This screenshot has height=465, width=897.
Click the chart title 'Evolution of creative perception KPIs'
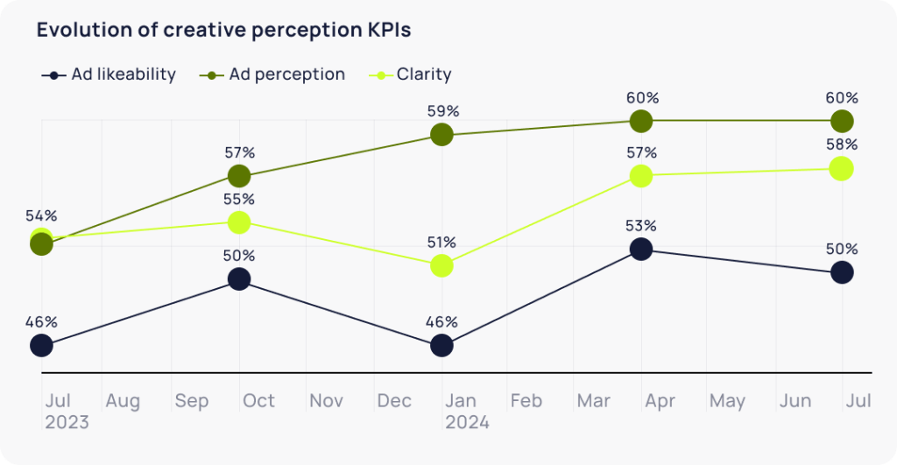(223, 30)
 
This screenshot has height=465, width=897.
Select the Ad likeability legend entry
(109, 74)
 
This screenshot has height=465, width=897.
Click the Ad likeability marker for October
(238, 279)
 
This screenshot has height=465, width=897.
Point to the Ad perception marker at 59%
(442, 135)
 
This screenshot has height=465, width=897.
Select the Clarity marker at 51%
(442, 265)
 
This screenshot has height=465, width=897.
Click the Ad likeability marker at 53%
(641, 250)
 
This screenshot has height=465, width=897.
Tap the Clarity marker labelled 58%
(841, 168)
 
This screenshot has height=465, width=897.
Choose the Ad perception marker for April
(641, 121)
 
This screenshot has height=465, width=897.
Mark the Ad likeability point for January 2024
(442, 346)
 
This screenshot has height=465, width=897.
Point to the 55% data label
(238, 200)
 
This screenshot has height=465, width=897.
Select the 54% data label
(41, 215)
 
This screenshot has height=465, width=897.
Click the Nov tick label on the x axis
(326, 401)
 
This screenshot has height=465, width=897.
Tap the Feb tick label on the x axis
(526, 401)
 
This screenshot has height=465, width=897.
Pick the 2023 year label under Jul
(67, 422)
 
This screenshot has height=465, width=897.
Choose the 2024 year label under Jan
(467, 422)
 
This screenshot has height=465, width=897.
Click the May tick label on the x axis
(727, 401)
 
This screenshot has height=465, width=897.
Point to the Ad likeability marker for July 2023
(41, 346)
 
